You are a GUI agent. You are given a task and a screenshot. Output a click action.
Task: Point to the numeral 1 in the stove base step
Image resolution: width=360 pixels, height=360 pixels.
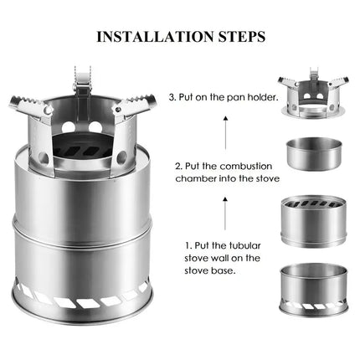(x=188, y=246)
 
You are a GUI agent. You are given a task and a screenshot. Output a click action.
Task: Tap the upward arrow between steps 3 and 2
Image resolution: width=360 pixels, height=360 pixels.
(x=226, y=129)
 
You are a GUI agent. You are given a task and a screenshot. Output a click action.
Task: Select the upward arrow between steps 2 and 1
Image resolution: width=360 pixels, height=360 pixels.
(x=226, y=205)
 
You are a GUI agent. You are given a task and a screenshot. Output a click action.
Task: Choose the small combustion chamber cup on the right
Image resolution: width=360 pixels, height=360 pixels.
(x=316, y=156)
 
